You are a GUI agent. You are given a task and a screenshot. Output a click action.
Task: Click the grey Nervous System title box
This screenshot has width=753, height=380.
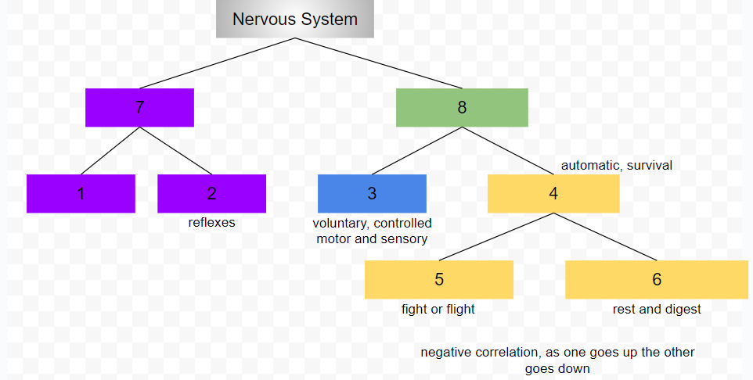(295, 20)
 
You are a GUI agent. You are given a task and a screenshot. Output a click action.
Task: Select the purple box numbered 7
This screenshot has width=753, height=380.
(139, 108)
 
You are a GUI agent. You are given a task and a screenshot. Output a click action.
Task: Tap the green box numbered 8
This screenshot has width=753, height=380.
(462, 108)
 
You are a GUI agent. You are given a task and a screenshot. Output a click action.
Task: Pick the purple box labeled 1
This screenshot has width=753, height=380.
(81, 194)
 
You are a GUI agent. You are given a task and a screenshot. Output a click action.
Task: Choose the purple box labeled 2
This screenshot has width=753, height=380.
(211, 194)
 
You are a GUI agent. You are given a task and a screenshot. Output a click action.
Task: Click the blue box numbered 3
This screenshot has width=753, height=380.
(372, 194)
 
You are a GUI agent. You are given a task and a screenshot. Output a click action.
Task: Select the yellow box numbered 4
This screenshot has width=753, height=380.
(553, 194)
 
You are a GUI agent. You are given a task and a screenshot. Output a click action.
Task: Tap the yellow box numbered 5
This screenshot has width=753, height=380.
(438, 280)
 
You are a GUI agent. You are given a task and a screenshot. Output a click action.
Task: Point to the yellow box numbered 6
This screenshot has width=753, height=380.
(657, 280)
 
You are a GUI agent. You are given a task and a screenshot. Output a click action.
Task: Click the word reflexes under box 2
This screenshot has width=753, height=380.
(211, 223)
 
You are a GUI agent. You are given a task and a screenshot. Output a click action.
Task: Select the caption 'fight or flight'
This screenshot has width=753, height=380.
(438, 310)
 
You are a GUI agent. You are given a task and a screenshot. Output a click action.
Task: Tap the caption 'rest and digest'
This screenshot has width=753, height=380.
(657, 310)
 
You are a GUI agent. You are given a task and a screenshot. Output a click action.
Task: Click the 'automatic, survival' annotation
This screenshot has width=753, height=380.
(617, 166)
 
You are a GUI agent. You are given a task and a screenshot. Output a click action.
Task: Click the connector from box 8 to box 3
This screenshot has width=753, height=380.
(416, 151)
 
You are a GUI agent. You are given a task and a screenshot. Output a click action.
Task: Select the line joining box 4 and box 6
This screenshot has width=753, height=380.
(605, 237)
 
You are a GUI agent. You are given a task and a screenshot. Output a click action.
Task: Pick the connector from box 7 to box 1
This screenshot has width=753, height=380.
(110, 151)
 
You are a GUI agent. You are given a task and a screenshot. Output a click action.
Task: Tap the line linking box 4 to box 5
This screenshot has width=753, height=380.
(496, 237)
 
